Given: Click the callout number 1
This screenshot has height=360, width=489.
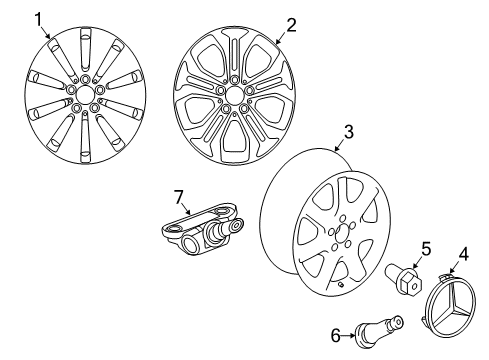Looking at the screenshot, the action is point(39,20).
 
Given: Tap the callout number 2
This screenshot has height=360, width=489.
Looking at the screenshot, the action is point(291,25).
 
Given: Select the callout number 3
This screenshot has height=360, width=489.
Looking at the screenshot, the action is point(348,132).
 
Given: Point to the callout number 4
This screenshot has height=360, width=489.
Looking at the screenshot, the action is point(463,255).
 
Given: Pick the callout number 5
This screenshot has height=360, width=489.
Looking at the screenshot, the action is point(426,249).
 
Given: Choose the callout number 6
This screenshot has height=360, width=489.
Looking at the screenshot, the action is point(336,335).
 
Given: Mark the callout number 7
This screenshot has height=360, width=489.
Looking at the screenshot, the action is point(179,197).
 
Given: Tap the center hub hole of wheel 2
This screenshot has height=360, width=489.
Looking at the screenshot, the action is point(235,95).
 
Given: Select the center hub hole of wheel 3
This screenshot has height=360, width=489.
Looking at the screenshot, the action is point(341,235).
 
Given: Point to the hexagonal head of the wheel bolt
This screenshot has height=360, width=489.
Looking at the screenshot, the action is point(411,284).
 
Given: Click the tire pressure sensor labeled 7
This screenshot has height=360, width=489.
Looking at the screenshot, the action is point(202,229).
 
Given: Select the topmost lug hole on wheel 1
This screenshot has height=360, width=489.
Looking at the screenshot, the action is point(85,79).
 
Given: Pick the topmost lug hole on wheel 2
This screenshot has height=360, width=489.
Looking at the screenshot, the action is point(235,79).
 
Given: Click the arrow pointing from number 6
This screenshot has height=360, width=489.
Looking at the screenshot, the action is point(349,335).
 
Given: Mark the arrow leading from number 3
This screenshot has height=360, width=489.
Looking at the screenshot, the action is point(339,145).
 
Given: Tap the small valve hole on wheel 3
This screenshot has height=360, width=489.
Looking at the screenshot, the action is point(340,284).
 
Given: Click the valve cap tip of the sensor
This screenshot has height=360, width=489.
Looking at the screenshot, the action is point(237,225).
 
